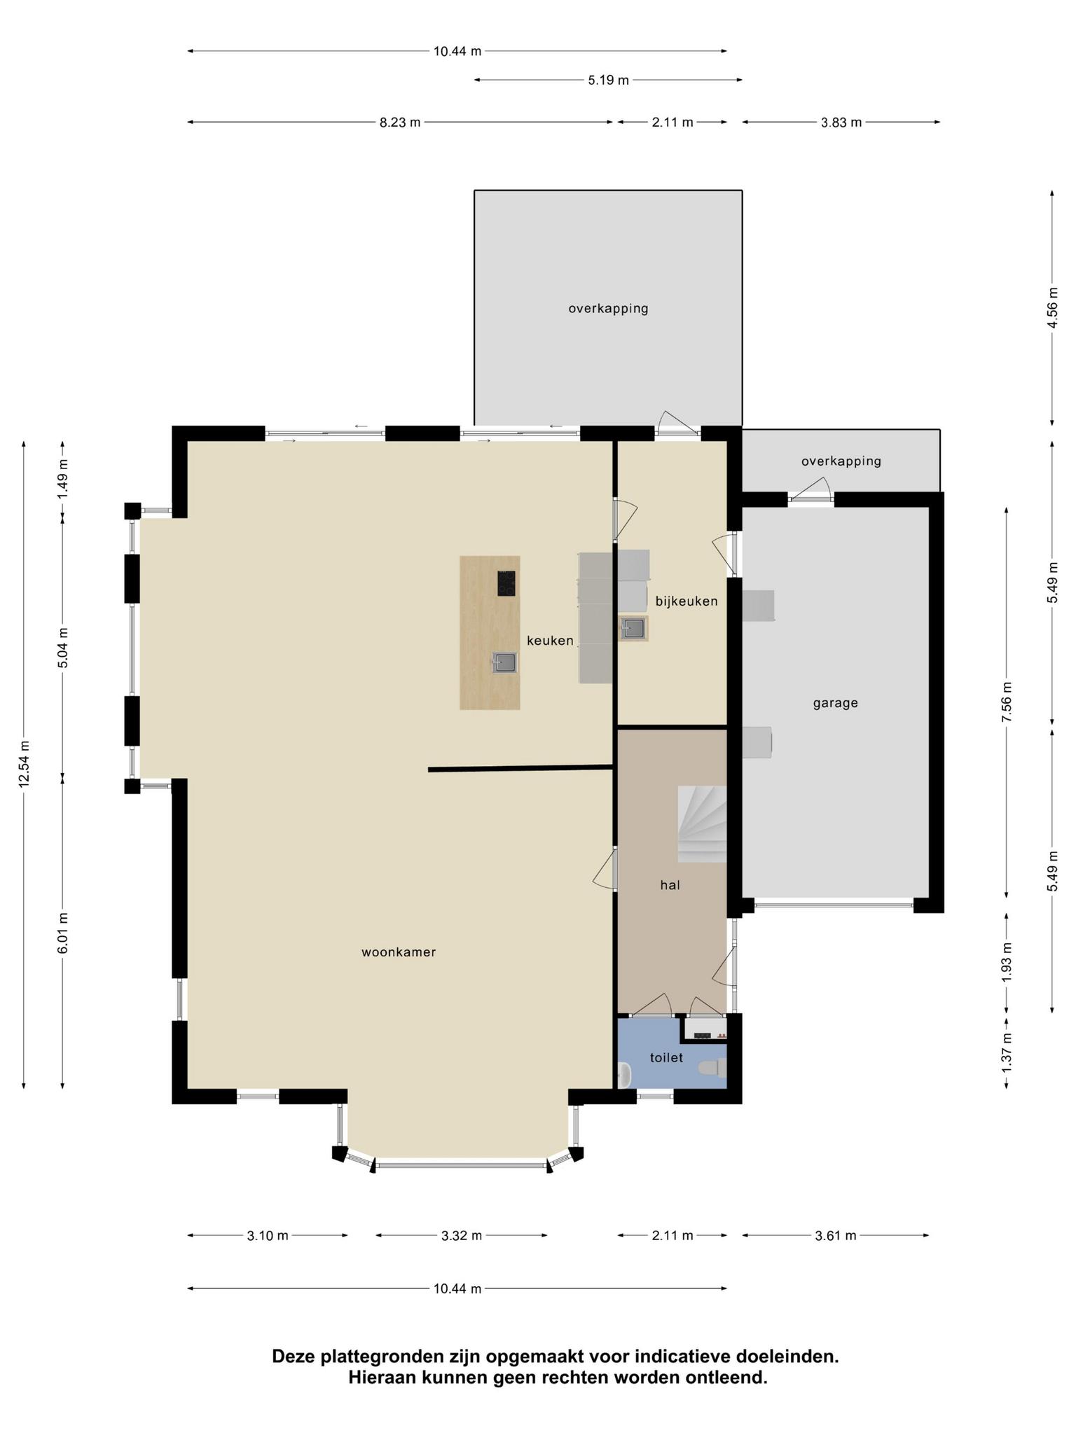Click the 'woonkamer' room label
click(x=399, y=952)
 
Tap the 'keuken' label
click(x=550, y=640)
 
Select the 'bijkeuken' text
click(x=687, y=601)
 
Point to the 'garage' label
click(x=835, y=703)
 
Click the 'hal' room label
click(x=670, y=884)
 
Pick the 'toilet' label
click(x=666, y=1057)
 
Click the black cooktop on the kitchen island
click(x=506, y=583)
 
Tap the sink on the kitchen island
click(x=504, y=662)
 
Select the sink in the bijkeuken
click(x=634, y=628)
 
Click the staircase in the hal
click(x=701, y=824)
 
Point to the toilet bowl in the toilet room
click(x=712, y=1068)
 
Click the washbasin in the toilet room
click(x=624, y=1074)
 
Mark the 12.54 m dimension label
click(x=24, y=764)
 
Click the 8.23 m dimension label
click(x=400, y=123)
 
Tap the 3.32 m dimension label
click(x=462, y=1235)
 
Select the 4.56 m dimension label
click(x=1051, y=307)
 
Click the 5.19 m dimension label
click(x=608, y=81)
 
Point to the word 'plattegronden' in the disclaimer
click(x=382, y=1356)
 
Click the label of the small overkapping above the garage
click(x=841, y=461)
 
